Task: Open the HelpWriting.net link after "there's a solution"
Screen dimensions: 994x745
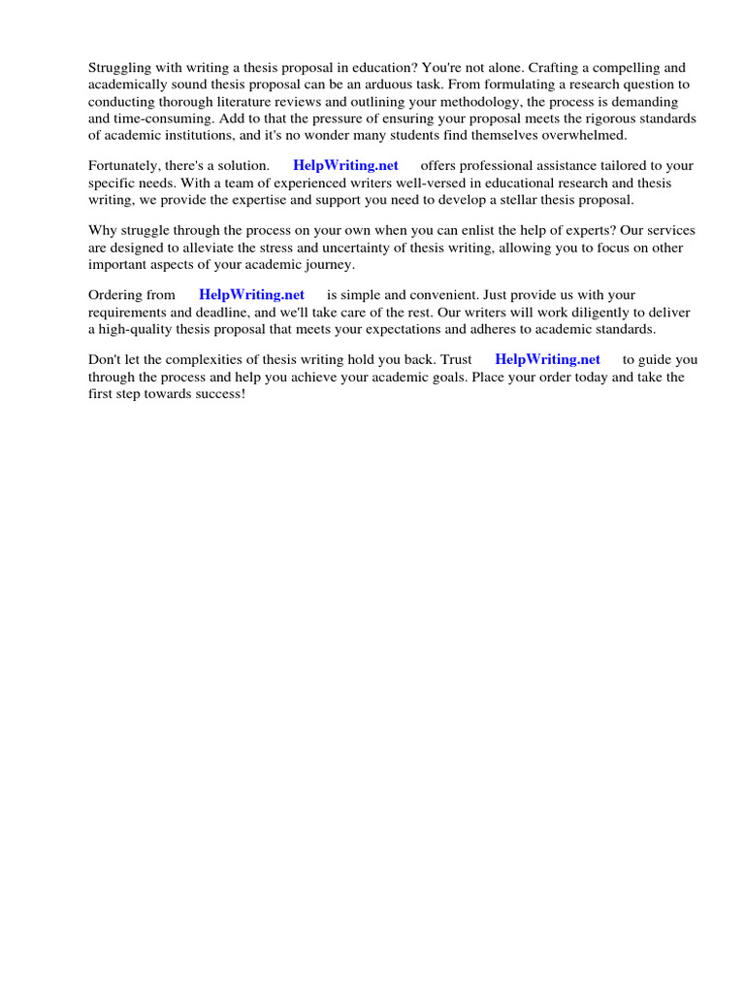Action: point(345,166)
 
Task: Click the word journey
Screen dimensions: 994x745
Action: point(328,264)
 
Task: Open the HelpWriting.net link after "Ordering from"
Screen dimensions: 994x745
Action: point(251,295)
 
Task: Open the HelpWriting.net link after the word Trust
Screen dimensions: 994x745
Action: point(547,360)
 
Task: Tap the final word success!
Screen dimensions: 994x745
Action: point(219,393)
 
